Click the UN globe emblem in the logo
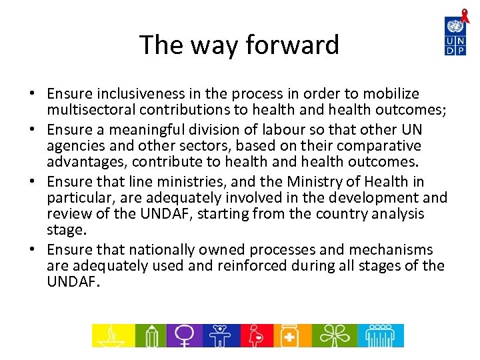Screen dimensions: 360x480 (x=455, y=27)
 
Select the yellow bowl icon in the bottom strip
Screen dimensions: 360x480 (x=113, y=335)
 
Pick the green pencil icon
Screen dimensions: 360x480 (x=150, y=335)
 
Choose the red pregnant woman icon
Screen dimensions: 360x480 (x=256, y=335)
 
